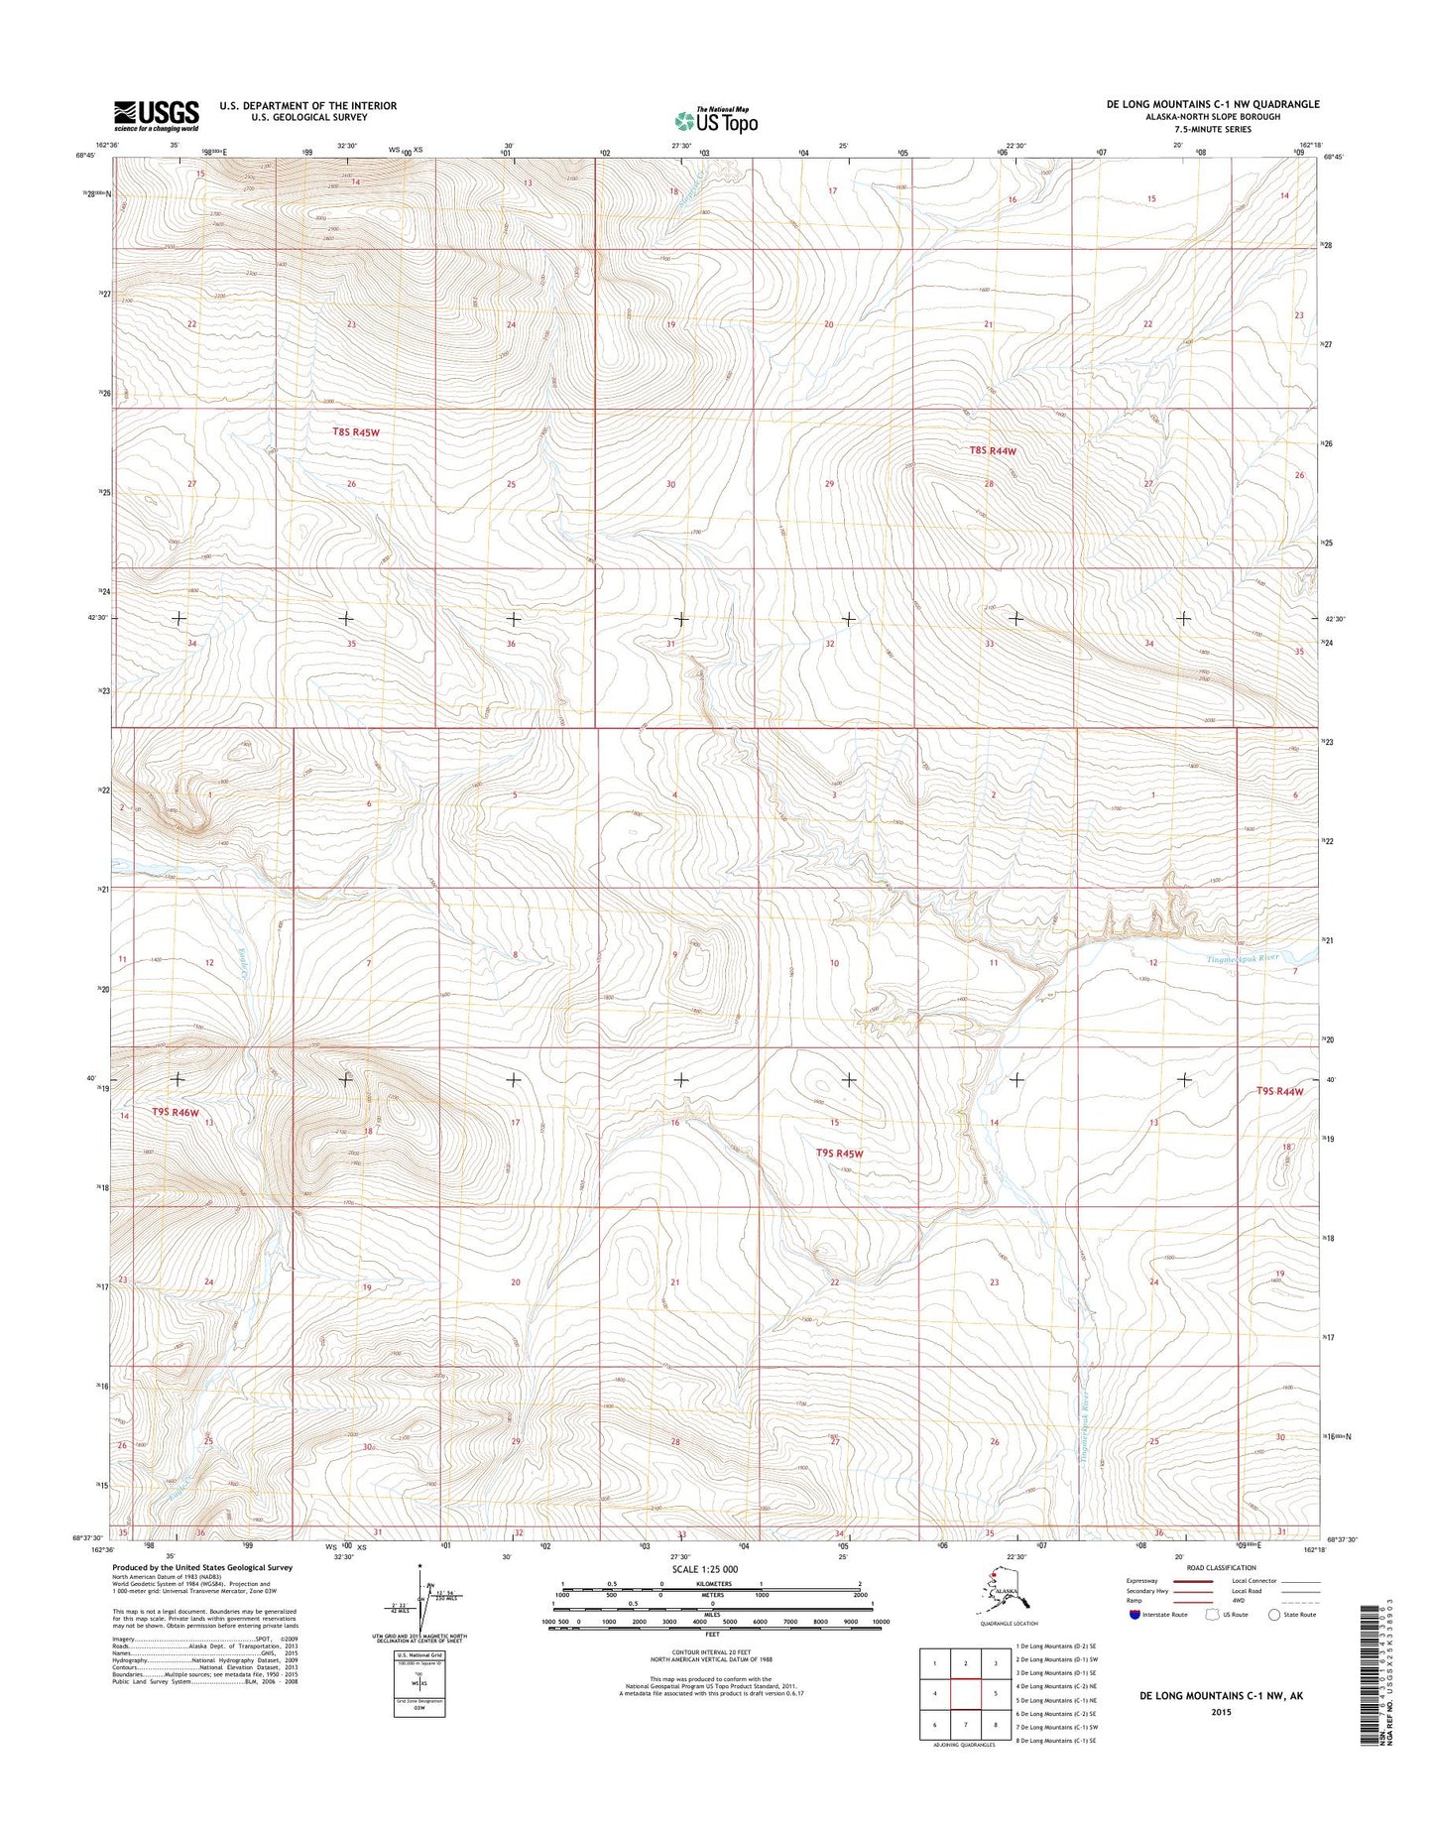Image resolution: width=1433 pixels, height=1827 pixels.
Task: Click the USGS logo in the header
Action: pyautogui.click(x=156, y=115)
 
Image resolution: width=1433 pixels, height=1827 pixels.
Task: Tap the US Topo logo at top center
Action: pyautogui.click(x=716, y=120)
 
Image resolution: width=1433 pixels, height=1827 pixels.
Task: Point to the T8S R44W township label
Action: pyautogui.click(x=992, y=450)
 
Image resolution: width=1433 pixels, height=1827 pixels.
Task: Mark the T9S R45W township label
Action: pyautogui.click(x=839, y=1153)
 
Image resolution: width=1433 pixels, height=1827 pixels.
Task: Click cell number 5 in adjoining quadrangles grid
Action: pyautogui.click(x=995, y=1693)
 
